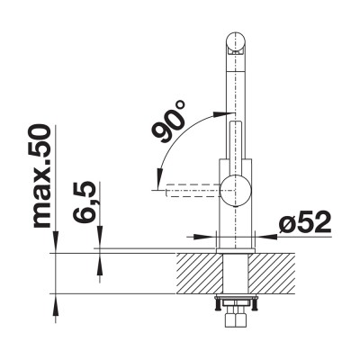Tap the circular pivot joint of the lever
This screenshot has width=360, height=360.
pos(238,191)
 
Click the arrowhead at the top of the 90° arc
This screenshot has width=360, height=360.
pos(219,115)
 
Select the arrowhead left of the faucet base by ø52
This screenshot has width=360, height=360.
pos(213,238)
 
